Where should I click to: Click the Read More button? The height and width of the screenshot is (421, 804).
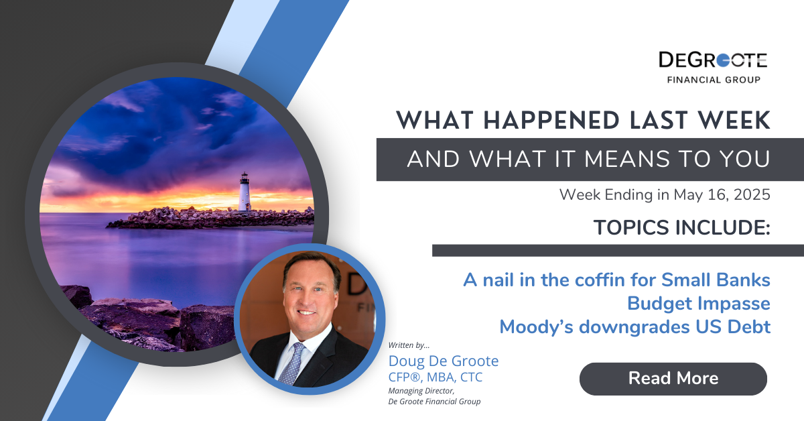[673, 379]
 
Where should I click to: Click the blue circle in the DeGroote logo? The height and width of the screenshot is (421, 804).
[723, 60]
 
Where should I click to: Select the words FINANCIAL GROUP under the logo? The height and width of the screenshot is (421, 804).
[714, 80]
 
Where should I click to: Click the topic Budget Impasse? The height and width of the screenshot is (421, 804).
[698, 303]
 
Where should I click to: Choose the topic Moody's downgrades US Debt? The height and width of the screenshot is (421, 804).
[635, 327]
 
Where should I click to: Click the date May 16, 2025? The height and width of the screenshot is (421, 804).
[722, 194]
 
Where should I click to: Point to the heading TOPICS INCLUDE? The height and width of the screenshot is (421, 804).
[682, 227]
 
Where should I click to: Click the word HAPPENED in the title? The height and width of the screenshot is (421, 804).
[551, 121]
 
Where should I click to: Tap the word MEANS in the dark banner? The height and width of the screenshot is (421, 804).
[626, 159]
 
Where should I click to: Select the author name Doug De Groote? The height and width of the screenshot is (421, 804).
[444, 361]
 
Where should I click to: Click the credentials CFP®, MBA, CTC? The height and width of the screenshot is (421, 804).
[435, 377]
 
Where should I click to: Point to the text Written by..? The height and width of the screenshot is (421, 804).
[409, 345]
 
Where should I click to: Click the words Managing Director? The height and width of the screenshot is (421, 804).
[421, 391]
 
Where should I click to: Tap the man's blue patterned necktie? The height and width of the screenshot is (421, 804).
[291, 363]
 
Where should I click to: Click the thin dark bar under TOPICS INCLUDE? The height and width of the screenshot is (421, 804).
[618, 250]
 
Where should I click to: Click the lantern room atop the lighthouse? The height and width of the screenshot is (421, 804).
[245, 177]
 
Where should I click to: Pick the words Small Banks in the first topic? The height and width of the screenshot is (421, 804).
[716, 280]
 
